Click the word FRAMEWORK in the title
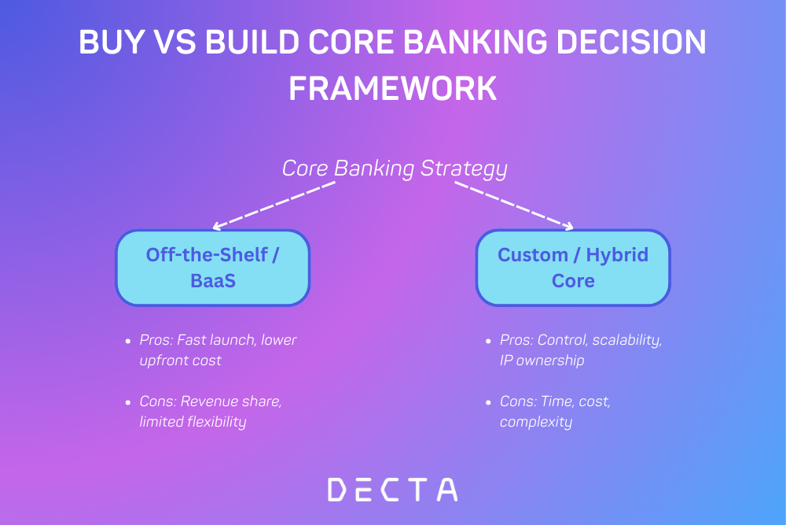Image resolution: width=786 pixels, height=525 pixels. [x=393, y=88]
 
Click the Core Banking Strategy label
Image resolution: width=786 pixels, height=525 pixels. [x=395, y=168]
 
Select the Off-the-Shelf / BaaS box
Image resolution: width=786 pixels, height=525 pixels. [x=213, y=268]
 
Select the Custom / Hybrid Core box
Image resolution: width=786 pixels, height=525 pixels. [x=573, y=268]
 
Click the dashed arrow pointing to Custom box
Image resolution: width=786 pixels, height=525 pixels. [x=515, y=205]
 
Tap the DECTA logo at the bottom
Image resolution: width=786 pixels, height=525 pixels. [x=392, y=489]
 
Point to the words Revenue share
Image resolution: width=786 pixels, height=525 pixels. [x=230, y=401]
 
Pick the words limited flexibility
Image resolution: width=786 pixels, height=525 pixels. [x=193, y=422]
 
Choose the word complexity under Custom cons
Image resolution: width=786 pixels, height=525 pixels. [x=535, y=422]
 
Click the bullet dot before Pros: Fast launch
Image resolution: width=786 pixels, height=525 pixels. [x=128, y=342]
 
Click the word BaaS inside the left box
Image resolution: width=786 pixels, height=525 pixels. [x=213, y=281]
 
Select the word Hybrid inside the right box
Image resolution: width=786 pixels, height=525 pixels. [x=619, y=255]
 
